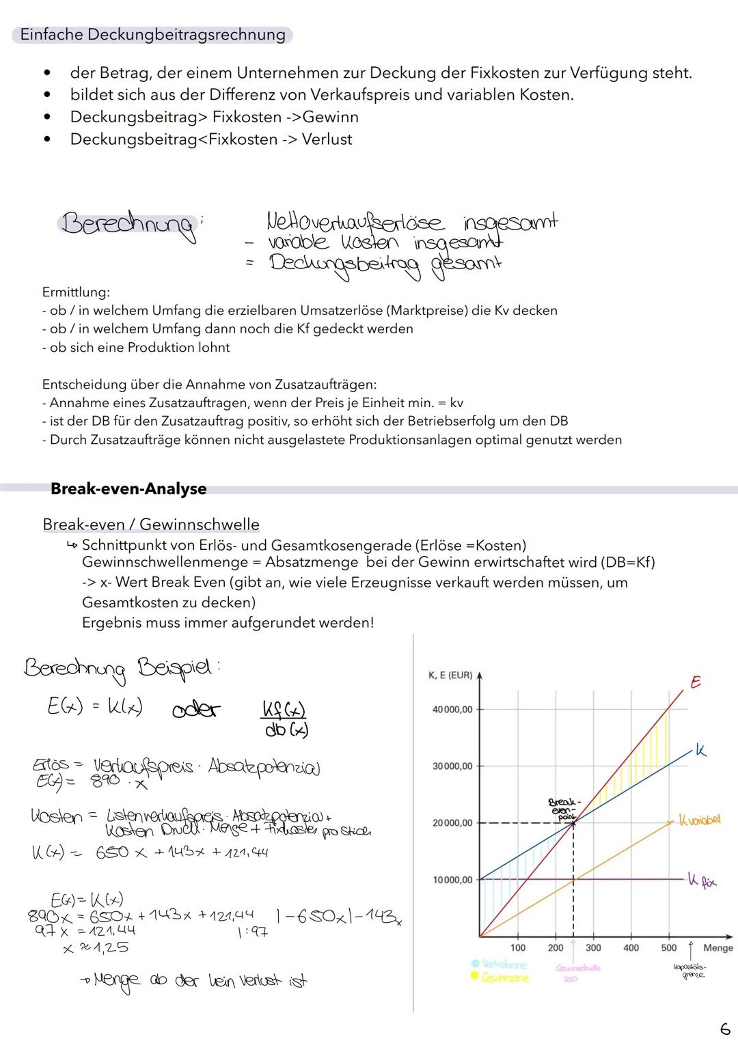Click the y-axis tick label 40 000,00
(x=452, y=710)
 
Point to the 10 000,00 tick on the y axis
(x=452, y=880)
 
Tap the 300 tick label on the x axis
(x=593, y=947)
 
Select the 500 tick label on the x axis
(x=668, y=947)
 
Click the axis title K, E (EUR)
(x=450, y=675)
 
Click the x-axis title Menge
(x=717, y=947)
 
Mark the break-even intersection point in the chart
(x=573, y=823)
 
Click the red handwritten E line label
(x=695, y=682)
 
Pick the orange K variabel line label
(x=699, y=819)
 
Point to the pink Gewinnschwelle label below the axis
(x=577, y=968)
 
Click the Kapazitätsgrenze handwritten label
(x=690, y=971)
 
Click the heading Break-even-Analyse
(x=128, y=489)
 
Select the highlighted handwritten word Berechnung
(x=127, y=224)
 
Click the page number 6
(x=724, y=1028)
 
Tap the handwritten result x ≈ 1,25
(x=96, y=947)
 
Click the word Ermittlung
(x=76, y=292)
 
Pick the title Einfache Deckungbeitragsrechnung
(x=152, y=35)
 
